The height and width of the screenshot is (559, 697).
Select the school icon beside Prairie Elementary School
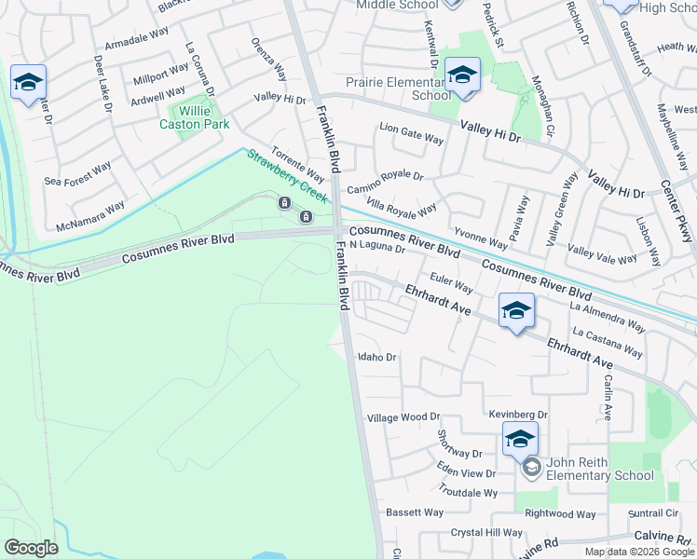pos(462,77)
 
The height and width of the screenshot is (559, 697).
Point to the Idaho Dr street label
pos(377,357)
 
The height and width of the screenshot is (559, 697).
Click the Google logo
pos(31,547)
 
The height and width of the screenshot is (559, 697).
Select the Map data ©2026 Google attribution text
pos(638,552)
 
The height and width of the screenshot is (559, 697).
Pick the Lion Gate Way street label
pos(411,135)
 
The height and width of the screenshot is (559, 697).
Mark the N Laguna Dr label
pos(378,247)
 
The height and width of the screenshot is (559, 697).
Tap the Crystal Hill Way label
pos(486,533)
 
